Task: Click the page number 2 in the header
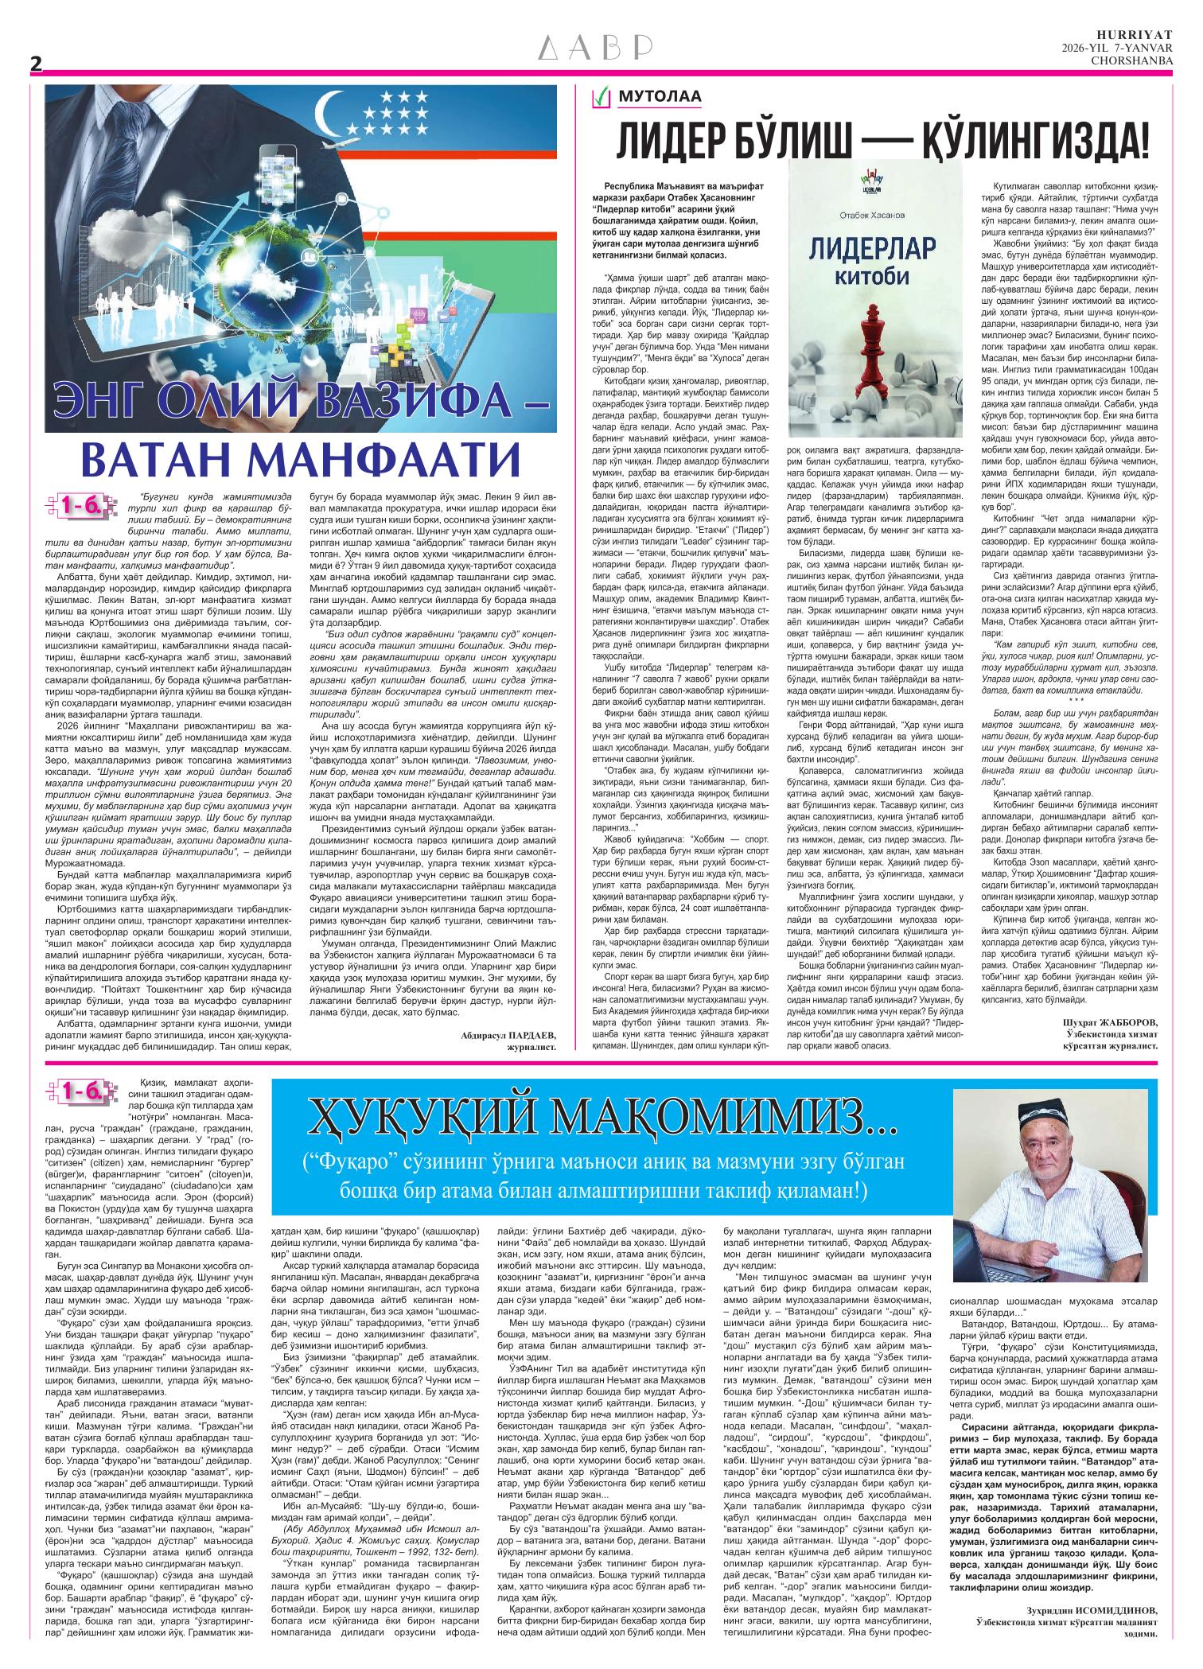[x=35, y=66]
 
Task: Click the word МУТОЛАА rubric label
[x=660, y=98]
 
